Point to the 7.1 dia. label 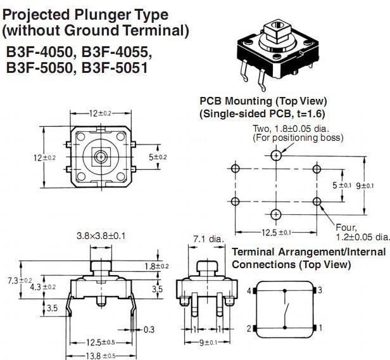pos(208,239)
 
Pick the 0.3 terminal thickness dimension pos(149,330)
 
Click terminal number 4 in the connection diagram pos(249,291)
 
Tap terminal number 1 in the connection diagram pos(321,328)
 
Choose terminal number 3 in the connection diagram pos(321,290)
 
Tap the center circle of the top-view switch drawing pos(100,156)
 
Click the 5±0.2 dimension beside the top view pos(158,157)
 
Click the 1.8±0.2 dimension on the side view pos(158,266)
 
